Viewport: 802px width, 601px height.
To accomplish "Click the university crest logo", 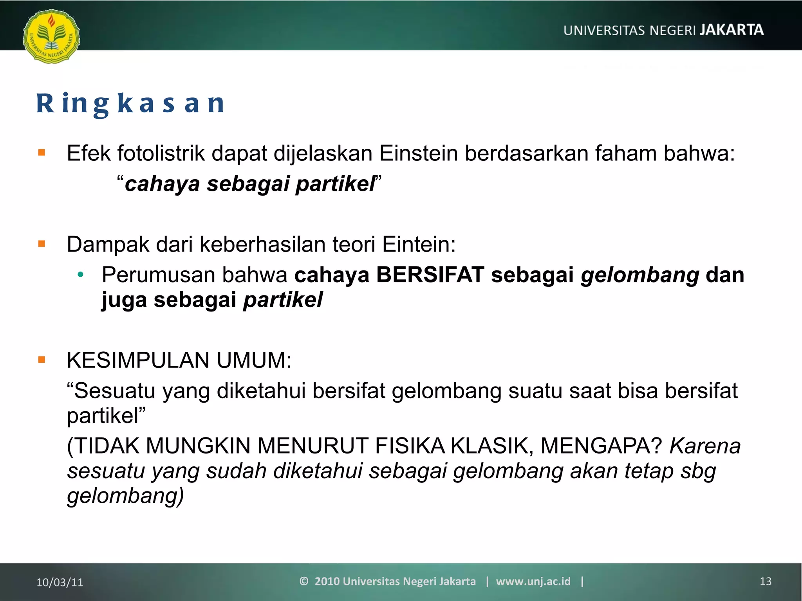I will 51,36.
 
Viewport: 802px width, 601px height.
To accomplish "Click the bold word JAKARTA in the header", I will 732,30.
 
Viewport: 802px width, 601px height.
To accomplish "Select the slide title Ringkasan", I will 130,104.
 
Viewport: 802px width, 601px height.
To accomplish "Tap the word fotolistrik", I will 161,153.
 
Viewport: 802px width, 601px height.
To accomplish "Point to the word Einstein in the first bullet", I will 418,153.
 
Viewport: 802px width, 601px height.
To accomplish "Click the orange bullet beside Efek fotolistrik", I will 42,153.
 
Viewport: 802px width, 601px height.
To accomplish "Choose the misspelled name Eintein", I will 419,245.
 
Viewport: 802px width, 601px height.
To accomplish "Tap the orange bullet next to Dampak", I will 42,244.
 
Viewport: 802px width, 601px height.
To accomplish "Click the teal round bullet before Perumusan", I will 81,275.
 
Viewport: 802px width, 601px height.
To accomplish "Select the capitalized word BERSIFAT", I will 430,275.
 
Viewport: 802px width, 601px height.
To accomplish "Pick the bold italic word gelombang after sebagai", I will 640,275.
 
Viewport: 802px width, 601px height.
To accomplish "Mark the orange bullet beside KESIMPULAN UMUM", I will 42,360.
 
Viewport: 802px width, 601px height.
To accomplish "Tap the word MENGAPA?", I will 601,446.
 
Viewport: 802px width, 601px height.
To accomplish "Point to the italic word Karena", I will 705,446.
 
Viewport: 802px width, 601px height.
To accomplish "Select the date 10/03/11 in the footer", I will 60,582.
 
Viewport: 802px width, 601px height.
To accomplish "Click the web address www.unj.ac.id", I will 533,581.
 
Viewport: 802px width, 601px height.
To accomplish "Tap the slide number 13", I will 766,581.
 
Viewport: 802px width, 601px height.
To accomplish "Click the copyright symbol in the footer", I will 304,581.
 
